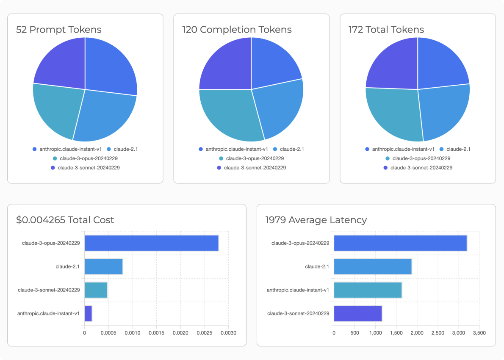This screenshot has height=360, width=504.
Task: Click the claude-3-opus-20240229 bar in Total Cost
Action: coord(151,243)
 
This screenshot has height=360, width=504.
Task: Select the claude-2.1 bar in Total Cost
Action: coord(103,266)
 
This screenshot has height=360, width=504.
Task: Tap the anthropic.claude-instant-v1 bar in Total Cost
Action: coord(88,313)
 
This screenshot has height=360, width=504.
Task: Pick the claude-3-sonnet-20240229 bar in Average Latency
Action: coord(358,313)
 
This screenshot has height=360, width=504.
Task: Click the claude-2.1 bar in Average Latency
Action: coord(373,266)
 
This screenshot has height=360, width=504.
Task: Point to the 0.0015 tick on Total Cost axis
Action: coord(156,333)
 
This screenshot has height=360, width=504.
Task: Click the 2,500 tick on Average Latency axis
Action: coord(438,333)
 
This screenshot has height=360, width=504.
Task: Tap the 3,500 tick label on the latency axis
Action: coord(479,333)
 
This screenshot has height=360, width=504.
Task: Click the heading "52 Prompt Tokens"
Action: coord(59,30)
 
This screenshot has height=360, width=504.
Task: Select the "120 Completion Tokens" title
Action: coord(237,30)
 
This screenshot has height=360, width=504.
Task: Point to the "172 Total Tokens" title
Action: coord(386,30)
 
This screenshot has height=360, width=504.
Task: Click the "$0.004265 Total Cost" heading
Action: coord(65,220)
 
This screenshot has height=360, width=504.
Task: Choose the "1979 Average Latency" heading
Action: coord(316,220)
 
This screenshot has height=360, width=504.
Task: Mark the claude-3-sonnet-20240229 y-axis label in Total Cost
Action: coord(49,290)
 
